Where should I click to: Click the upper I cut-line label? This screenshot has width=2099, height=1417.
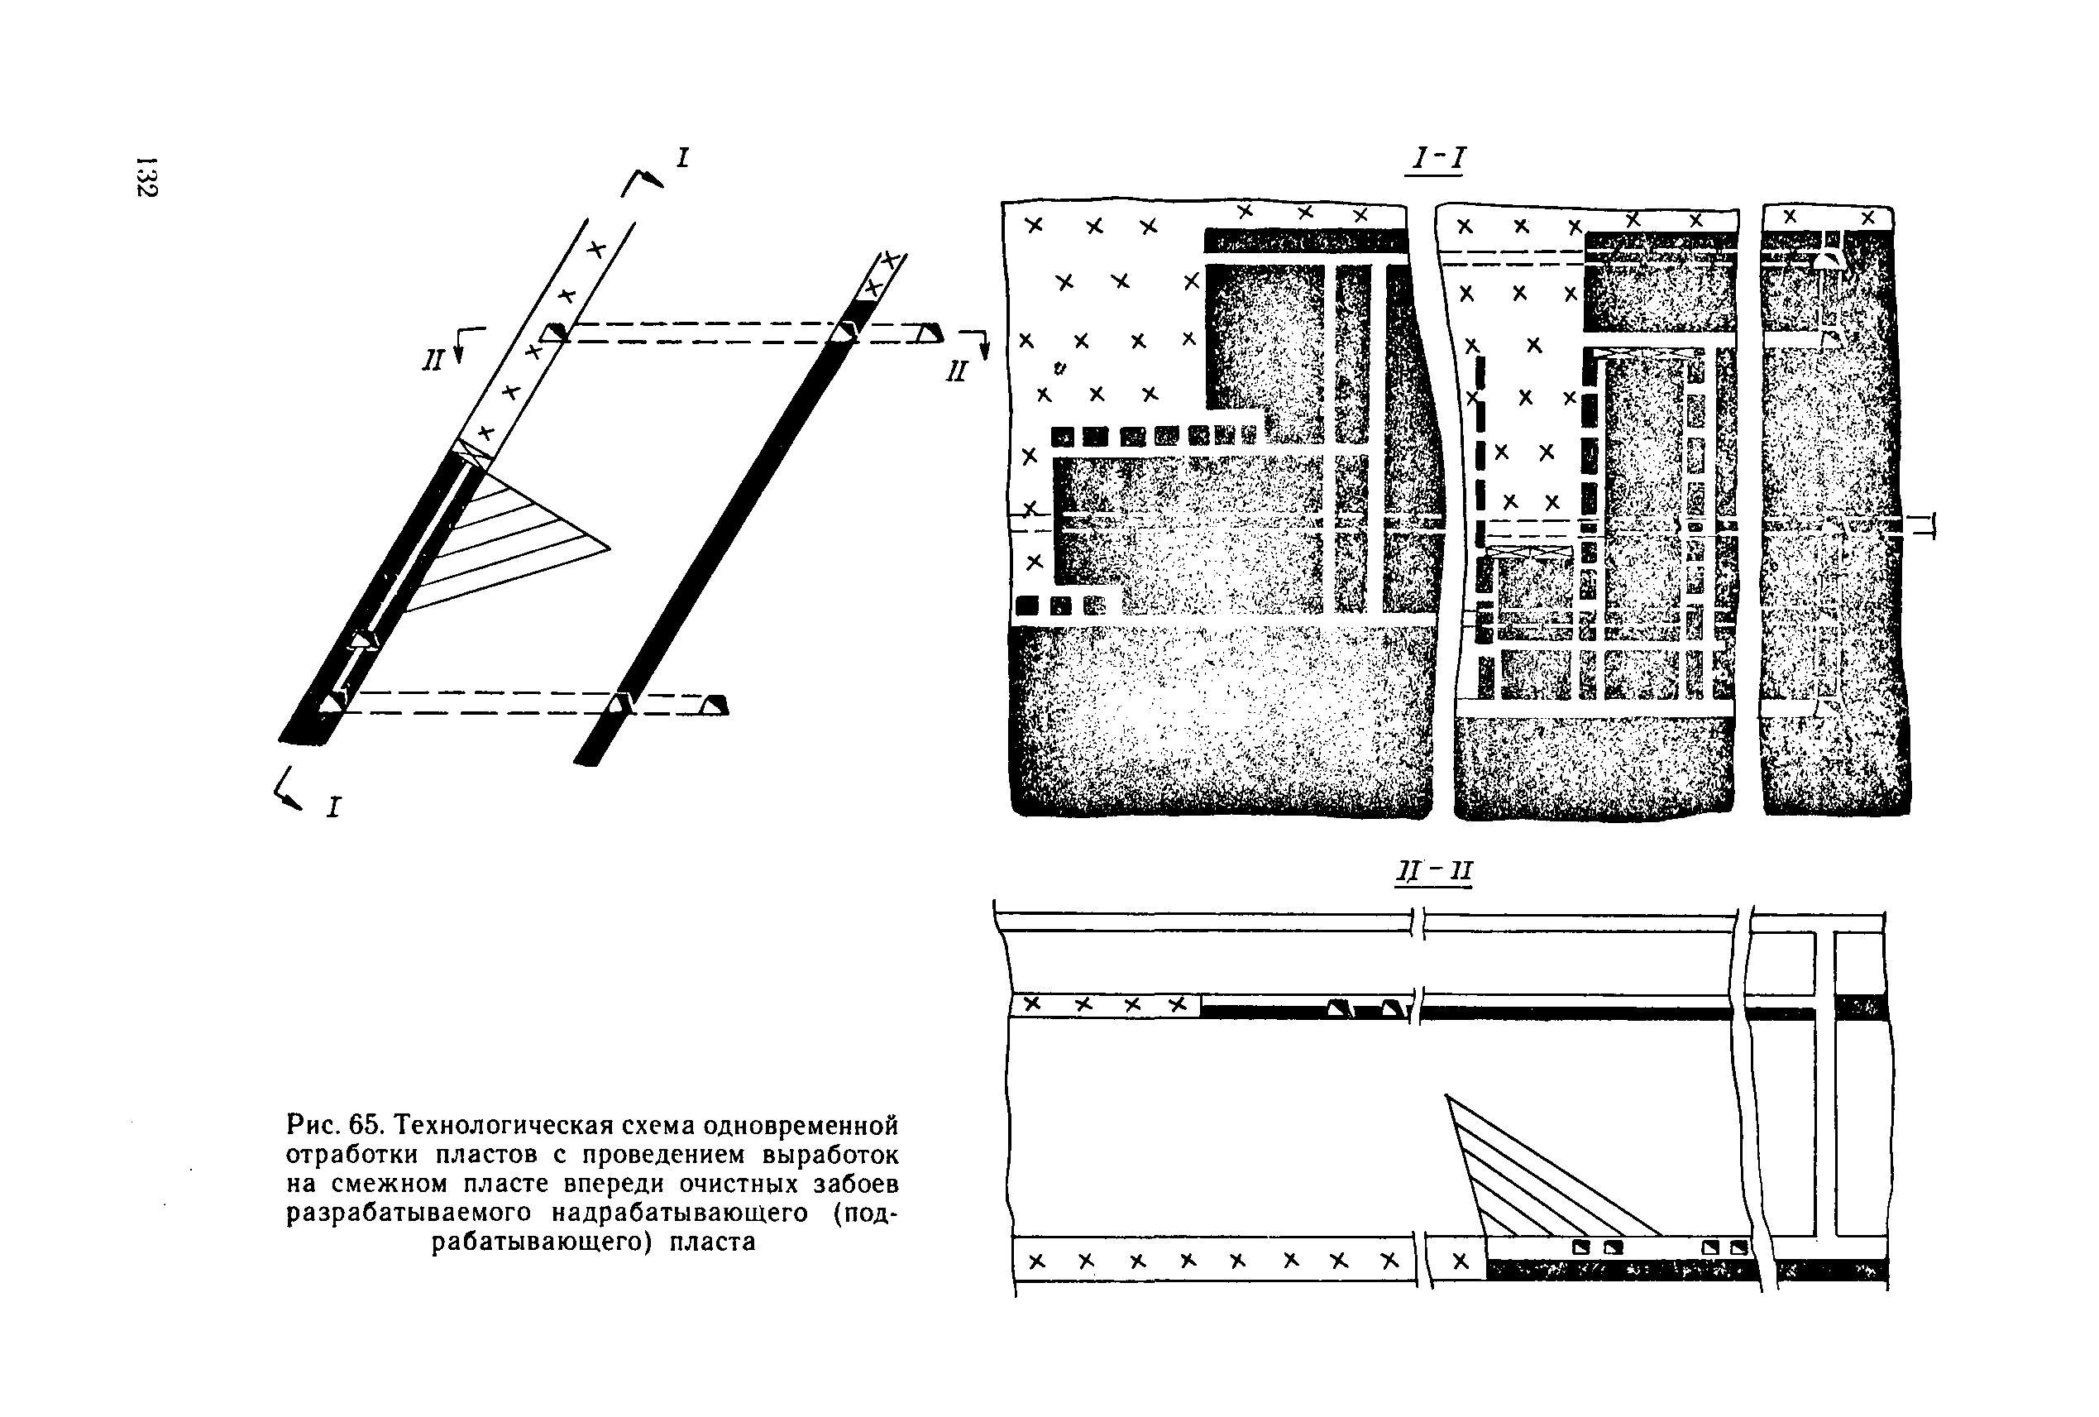click(683, 159)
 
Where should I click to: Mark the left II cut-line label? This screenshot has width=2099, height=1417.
click(433, 361)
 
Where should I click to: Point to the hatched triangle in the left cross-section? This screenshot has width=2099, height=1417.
click(506, 542)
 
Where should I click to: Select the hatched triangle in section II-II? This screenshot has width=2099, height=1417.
click(1527, 1183)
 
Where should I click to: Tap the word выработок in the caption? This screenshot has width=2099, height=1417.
click(830, 1155)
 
